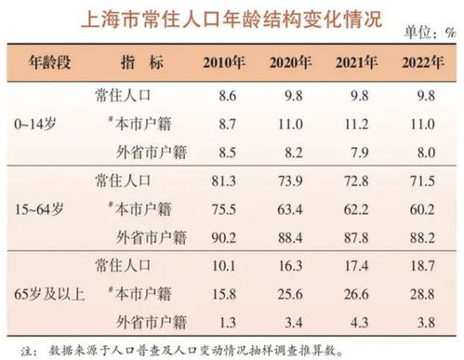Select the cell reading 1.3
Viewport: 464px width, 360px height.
224,323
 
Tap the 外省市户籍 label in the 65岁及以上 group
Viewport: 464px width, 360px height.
132,323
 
